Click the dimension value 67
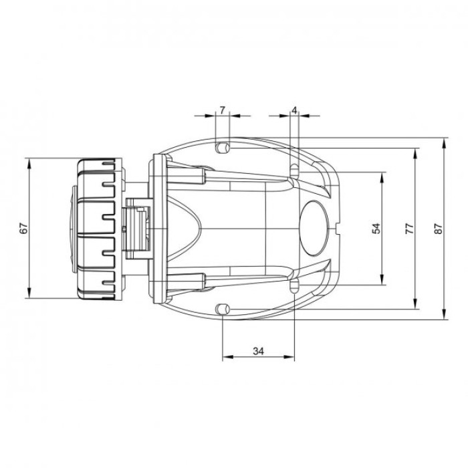(23, 228)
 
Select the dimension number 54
(376, 228)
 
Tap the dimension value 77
(410, 228)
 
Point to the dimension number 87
(439, 228)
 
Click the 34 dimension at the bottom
(258, 350)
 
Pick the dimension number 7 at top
(222, 109)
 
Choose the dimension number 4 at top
(294, 109)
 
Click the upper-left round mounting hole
(224, 146)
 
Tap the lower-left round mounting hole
(224, 308)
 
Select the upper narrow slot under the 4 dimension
(294, 170)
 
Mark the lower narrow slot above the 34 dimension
(294, 285)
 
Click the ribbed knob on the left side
(97, 228)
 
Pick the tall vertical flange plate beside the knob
(158, 228)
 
